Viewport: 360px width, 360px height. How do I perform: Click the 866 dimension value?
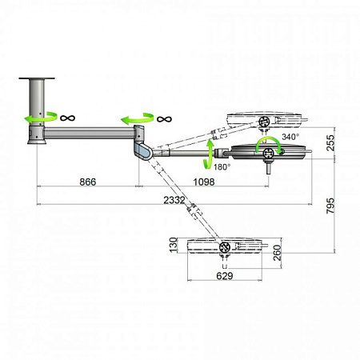[88, 182]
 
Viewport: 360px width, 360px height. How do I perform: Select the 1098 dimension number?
[204, 182]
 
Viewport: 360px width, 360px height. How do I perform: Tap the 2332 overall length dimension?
[174, 200]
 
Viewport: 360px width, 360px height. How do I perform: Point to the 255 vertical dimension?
[330, 143]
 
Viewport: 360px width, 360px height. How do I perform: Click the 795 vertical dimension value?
[330, 206]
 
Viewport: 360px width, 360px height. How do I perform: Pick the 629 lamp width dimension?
[225, 276]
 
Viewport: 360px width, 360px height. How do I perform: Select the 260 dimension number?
[278, 253]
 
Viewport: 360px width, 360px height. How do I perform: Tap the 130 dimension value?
[174, 245]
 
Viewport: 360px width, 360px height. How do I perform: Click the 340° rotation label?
[290, 137]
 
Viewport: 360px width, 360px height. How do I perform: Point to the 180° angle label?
[222, 167]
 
